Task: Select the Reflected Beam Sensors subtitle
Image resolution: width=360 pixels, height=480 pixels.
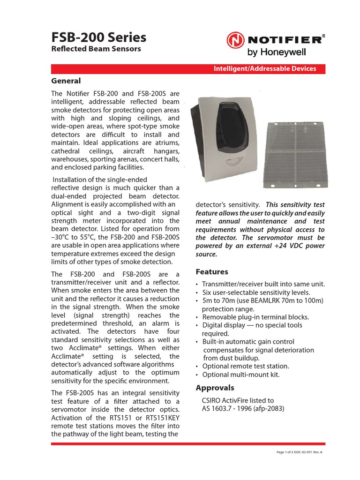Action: click(x=96, y=49)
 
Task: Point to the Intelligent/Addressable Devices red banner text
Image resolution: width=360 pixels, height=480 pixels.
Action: click(x=265, y=69)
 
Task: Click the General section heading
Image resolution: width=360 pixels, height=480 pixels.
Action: click(x=66, y=81)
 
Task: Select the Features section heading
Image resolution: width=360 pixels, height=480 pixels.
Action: click(x=212, y=272)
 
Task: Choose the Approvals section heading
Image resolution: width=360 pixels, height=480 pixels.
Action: click(x=215, y=388)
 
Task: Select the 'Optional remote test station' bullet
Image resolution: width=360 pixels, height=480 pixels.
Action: click(x=246, y=366)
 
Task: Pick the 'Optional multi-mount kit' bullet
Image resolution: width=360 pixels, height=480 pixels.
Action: click(x=240, y=375)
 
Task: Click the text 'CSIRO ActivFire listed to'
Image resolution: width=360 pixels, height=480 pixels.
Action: click(x=238, y=400)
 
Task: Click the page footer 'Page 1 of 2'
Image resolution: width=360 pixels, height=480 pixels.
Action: click(x=286, y=452)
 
